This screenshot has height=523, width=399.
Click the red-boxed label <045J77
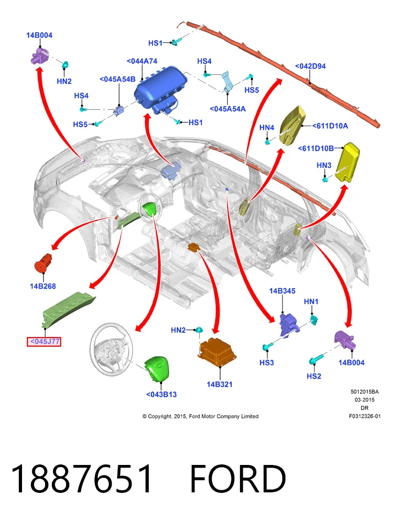(44, 341)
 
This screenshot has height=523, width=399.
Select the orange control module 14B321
(217, 353)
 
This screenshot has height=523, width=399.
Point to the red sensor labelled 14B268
(43, 263)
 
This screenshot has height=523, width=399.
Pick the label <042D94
(310, 66)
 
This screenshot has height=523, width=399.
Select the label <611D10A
(330, 126)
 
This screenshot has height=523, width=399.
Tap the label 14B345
(282, 291)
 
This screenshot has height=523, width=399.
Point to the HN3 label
(324, 165)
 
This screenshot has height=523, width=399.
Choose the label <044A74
(142, 61)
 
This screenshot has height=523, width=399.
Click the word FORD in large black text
(238, 479)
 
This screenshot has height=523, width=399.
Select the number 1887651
(82, 479)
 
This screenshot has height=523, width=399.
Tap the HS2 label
(314, 376)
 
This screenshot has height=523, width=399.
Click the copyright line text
(200, 416)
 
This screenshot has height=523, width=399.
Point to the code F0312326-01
(365, 416)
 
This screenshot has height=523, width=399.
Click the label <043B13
(161, 394)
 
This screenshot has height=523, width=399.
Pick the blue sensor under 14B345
(289, 325)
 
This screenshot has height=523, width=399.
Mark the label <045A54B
(118, 79)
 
